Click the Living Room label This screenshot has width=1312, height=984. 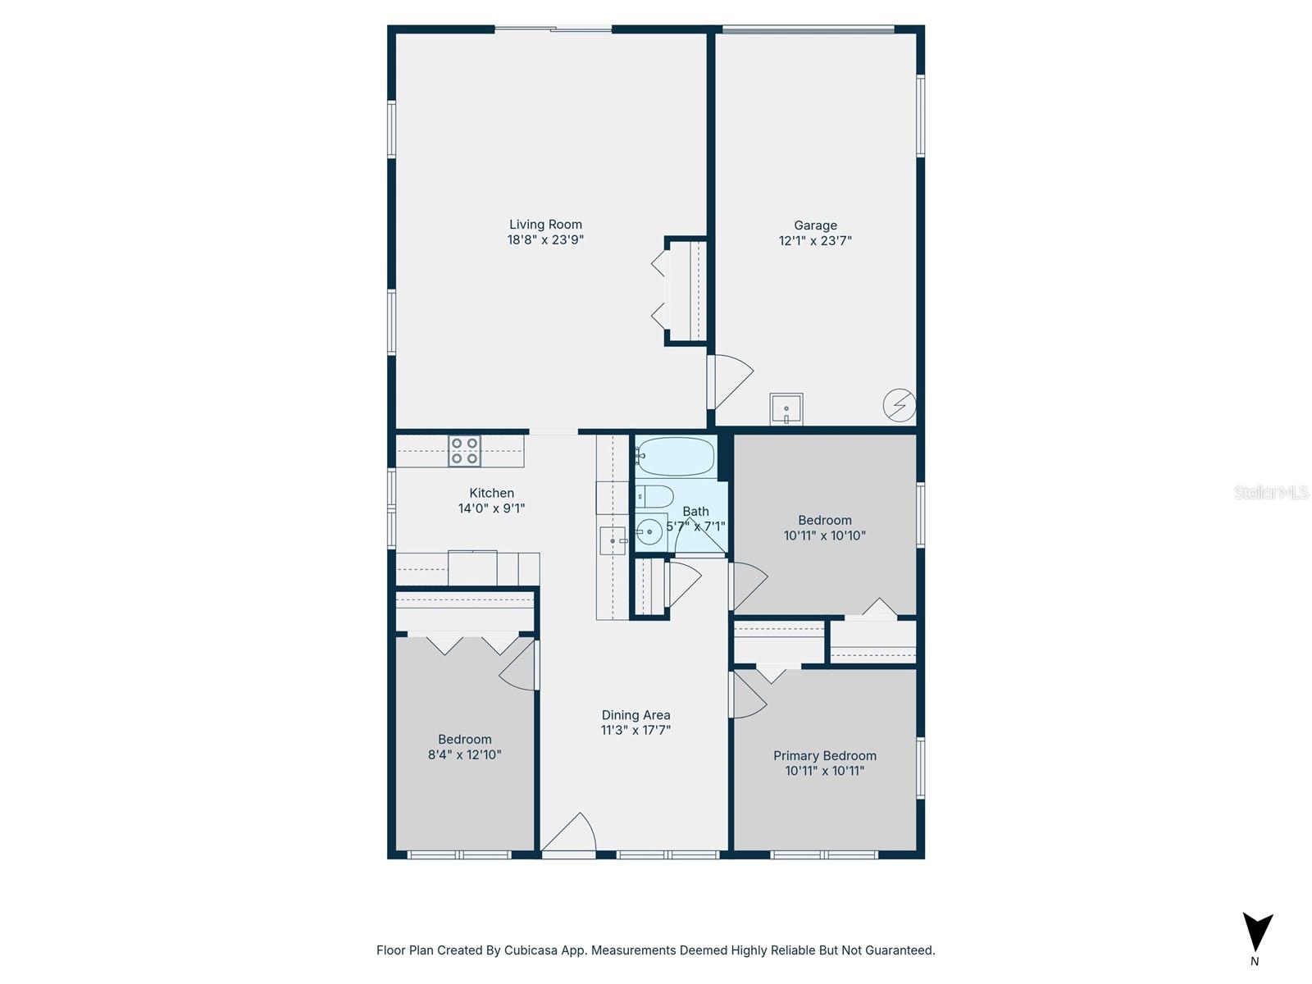[545, 224]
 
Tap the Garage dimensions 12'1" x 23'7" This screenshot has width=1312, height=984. [815, 240]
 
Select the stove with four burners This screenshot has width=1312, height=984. [464, 451]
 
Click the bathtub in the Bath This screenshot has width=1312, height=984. [676, 456]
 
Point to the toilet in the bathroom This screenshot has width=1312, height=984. [654, 495]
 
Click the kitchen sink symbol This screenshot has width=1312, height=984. [613, 541]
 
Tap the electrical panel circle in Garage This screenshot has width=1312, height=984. [900, 405]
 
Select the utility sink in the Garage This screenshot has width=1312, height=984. [786, 408]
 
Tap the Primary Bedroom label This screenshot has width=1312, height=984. [825, 755]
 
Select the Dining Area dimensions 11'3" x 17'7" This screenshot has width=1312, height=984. [635, 730]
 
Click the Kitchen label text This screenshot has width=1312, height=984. [491, 493]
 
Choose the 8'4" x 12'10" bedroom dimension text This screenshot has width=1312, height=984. [464, 754]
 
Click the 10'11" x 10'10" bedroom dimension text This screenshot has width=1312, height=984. [824, 535]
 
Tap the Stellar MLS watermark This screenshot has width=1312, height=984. [1271, 492]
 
